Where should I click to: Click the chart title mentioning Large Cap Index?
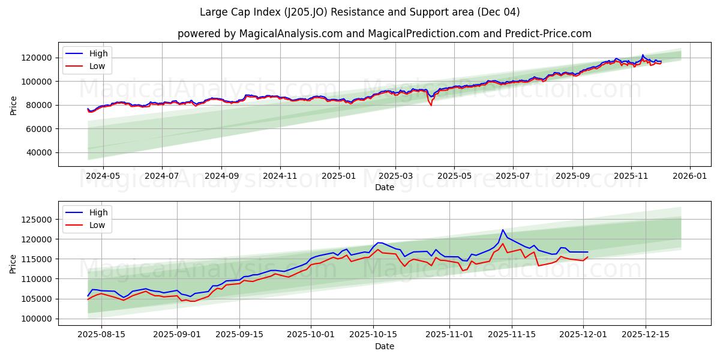click(x=360, y=12)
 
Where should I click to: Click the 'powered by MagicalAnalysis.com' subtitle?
click(x=384, y=34)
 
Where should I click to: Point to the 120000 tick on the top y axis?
click(x=37, y=58)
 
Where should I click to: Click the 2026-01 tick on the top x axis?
click(x=689, y=176)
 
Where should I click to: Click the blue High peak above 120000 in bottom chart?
click(x=503, y=230)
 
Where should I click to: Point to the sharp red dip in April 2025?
click(x=430, y=105)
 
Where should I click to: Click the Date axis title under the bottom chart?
click(x=384, y=346)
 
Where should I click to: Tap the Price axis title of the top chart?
click(x=14, y=104)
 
